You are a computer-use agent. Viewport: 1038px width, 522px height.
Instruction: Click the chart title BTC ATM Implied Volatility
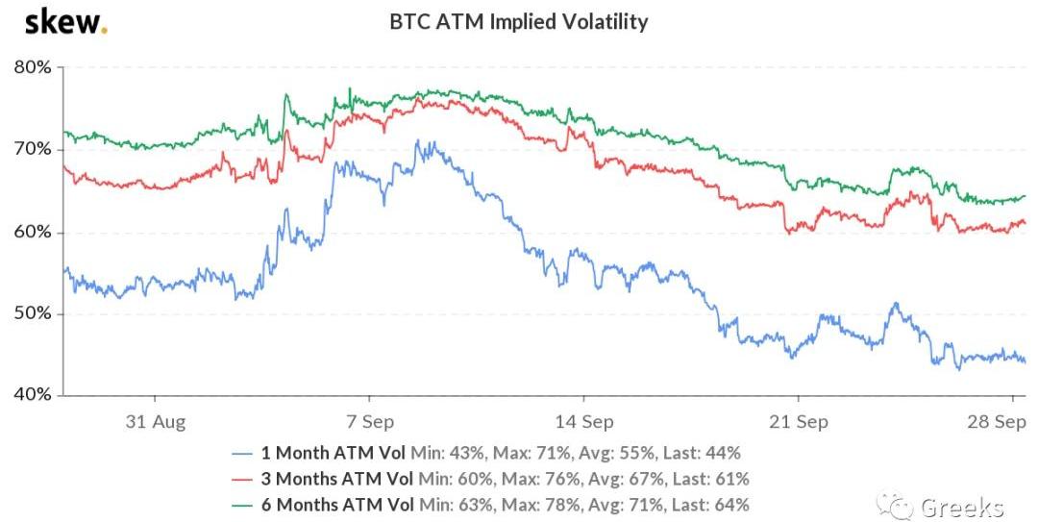tap(518, 22)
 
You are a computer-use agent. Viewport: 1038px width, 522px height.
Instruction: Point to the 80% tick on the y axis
tap(33, 67)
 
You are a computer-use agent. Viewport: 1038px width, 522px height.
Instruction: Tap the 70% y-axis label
tap(33, 150)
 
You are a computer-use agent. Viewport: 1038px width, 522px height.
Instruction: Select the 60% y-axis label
tap(33, 232)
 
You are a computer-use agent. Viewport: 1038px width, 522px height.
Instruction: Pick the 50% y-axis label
tap(33, 314)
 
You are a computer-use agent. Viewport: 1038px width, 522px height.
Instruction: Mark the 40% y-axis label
tap(33, 395)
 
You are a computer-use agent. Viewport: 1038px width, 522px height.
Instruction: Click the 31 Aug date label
tap(156, 421)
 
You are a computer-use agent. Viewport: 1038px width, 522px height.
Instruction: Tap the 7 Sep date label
tap(369, 421)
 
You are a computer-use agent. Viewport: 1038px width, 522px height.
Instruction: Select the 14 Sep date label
tap(584, 421)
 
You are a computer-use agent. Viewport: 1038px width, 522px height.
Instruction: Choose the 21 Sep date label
tap(799, 421)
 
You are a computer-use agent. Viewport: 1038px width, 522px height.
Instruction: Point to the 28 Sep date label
tap(997, 421)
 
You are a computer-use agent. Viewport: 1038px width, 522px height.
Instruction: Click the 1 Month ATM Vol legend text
tap(333, 453)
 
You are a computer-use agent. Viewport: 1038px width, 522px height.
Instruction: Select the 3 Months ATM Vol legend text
tap(337, 479)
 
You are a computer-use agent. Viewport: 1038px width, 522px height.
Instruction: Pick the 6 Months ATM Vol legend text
tap(337, 505)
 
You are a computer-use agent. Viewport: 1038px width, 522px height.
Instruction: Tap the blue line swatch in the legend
tap(242, 454)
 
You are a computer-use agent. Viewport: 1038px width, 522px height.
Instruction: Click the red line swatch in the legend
tap(242, 480)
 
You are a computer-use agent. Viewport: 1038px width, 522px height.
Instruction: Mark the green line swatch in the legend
tap(242, 506)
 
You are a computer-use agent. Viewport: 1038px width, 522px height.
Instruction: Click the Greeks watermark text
tap(961, 508)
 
